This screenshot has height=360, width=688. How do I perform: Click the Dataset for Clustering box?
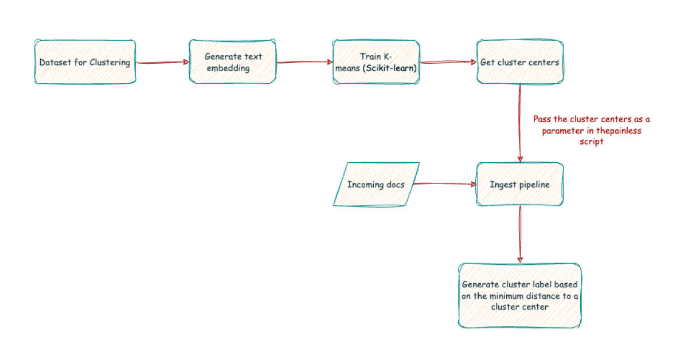(x=85, y=62)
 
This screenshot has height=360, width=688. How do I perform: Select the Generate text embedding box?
(x=233, y=62)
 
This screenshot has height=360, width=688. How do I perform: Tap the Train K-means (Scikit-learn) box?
(x=376, y=62)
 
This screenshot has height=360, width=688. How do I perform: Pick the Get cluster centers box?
(x=519, y=62)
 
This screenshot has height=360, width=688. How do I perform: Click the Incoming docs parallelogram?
(x=376, y=185)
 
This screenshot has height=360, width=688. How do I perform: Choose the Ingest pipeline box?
(x=519, y=185)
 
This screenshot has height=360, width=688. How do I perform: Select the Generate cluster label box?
(x=519, y=296)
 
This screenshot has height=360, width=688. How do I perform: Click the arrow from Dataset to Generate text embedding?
(x=162, y=62)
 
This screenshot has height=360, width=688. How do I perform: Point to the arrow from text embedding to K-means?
(x=305, y=62)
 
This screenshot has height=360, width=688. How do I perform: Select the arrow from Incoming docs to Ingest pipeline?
(x=445, y=184)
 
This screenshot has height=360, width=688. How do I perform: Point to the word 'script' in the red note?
(x=592, y=142)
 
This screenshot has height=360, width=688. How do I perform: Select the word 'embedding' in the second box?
(x=233, y=68)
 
